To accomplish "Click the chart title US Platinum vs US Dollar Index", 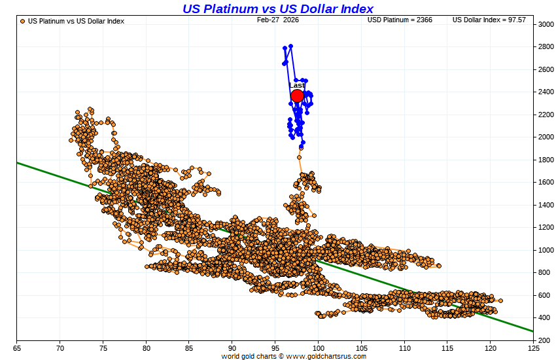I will [277, 9].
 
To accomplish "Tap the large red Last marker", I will [297, 96].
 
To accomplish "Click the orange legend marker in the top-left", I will [23, 21].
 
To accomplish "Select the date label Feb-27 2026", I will [277, 20].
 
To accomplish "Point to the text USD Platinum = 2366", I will [400, 20].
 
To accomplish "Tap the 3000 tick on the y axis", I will [546, 24].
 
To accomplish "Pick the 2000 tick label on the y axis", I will [546, 137].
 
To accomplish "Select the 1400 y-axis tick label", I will [546, 205].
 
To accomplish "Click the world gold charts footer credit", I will [294, 356].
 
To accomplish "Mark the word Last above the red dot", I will [297, 85].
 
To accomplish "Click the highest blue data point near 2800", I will [290, 46].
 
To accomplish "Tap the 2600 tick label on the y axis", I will [546, 69].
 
